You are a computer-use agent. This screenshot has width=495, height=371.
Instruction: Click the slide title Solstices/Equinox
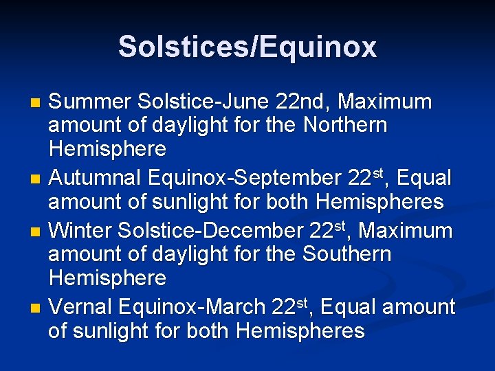247,47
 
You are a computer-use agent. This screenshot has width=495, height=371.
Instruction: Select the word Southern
345,254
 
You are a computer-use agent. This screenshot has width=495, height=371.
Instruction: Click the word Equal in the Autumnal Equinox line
426,178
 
